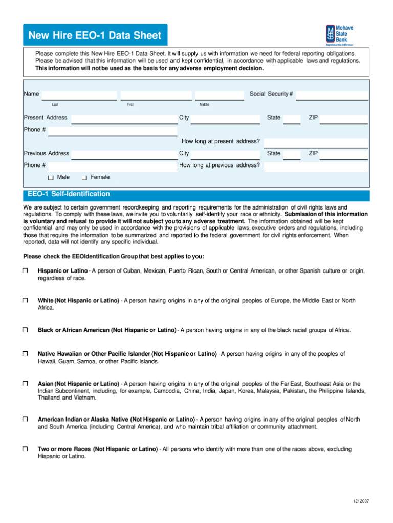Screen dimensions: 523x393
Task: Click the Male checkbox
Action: pos(51,178)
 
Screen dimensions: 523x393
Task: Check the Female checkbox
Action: pos(84,178)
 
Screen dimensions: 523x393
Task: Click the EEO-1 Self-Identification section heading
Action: pos(68,194)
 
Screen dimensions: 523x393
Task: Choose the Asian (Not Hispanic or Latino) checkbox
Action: pos(25,384)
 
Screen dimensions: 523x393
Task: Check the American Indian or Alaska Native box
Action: pos(25,420)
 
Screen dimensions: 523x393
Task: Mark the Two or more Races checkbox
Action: pos(25,449)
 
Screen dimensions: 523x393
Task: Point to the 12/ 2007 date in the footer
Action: pos(361,500)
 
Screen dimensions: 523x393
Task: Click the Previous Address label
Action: pos(47,153)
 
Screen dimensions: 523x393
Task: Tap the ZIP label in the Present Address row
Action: pos(313,118)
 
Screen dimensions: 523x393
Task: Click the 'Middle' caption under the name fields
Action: pos(204,104)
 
